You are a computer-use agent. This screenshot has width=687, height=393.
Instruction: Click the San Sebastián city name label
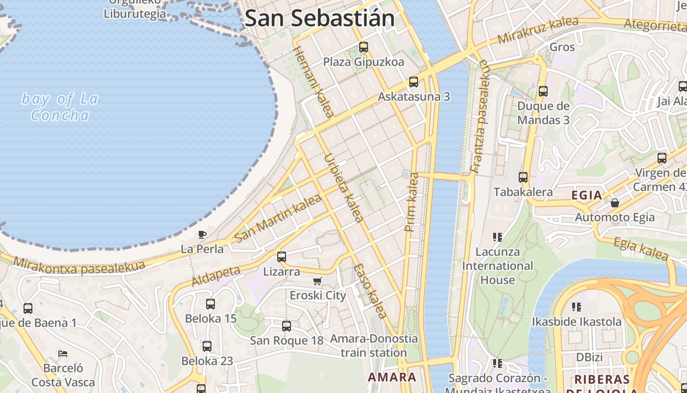point(319,18)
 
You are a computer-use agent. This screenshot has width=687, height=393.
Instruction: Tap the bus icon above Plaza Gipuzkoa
point(363,47)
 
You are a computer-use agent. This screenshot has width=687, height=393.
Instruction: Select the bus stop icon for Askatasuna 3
point(414,82)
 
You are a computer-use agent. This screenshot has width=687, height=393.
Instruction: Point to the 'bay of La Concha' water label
point(60,107)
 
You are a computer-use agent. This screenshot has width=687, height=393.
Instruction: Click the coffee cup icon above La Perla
point(202,234)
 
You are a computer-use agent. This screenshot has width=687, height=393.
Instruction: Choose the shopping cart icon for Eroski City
point(317,281)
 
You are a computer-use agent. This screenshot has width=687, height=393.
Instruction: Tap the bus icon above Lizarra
point(281,257)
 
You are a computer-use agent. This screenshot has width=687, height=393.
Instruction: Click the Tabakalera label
point(523,192)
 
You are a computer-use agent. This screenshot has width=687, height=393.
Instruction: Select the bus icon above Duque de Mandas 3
point(543,91)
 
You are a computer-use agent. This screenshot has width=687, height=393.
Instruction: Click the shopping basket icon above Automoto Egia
point(614,202)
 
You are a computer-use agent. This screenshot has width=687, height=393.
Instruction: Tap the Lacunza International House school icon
point(498,237)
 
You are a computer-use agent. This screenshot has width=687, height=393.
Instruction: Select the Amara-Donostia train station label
point(374,346)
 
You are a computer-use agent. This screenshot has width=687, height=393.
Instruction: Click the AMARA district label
point(392,377)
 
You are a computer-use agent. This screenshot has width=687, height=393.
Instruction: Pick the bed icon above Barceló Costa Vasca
point(62,353)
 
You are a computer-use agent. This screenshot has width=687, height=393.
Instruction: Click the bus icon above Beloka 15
point(211,304)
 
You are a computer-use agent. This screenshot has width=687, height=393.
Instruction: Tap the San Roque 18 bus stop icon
point(287,326)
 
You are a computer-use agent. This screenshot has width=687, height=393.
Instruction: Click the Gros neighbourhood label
point(562,47)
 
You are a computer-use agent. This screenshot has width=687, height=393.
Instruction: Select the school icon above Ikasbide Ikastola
point(577,307)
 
